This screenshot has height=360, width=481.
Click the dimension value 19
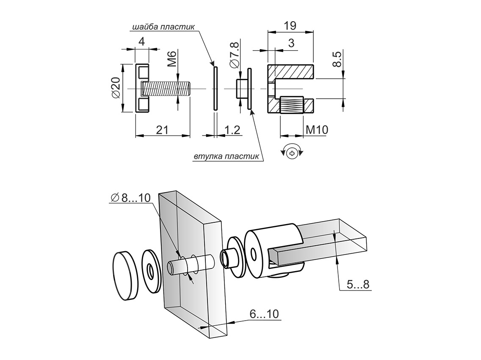point(290,26)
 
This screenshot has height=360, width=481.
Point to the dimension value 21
point(162,130)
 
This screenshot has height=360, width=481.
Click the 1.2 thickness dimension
point(232,130)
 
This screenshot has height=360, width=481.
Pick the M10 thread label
point(317,130)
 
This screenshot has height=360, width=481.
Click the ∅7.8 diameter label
point(234,55)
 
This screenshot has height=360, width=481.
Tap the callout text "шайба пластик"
point(163,27)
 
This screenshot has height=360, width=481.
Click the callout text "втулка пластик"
point(226,157)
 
